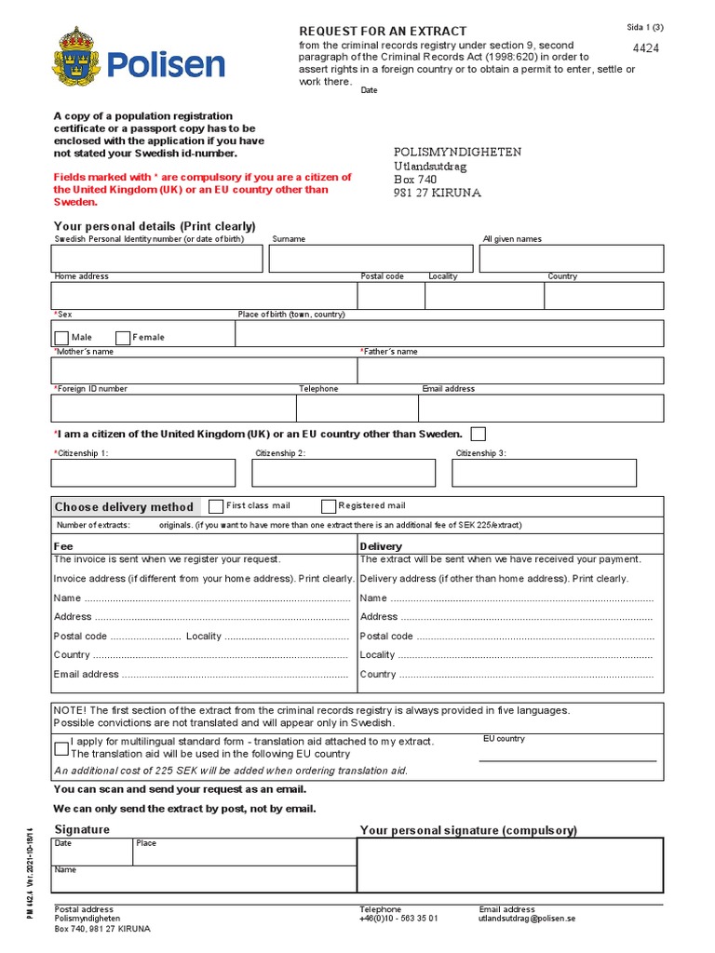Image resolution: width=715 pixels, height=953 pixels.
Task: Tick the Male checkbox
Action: pos(61,338)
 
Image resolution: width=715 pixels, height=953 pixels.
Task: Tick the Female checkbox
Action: pos(123,338)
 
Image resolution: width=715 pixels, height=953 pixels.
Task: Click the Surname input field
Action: pos(371,259)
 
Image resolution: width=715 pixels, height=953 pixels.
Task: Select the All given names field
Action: pos(572,259)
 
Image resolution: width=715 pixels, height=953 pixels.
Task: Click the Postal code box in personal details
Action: pos(390,296)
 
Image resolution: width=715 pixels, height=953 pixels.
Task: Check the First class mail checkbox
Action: pos(216,506)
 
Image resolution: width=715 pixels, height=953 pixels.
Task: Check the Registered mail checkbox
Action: pos(329,506)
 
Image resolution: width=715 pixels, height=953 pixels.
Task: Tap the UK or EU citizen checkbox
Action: pos(478,434)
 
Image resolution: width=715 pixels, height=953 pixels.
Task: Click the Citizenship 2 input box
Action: pos(343,473)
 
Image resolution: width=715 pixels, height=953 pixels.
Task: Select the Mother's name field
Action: pos(204,370)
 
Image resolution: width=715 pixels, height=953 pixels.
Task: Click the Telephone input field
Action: pos(357,409)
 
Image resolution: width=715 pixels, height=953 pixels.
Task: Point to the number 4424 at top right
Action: pos(645,48)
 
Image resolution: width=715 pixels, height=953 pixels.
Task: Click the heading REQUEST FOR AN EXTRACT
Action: pos(383,31)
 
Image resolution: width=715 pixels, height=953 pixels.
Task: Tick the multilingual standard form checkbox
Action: pos(61,747)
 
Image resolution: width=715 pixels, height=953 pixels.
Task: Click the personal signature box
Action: pos(510,865)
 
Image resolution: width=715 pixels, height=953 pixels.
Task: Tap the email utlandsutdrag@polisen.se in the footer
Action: pos(527,918)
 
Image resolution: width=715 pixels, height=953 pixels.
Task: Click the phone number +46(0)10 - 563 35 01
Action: pos(398,918)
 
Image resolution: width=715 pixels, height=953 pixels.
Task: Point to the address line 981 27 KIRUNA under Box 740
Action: pos(438,194)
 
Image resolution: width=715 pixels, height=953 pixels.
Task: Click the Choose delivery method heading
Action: pos(124,507)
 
